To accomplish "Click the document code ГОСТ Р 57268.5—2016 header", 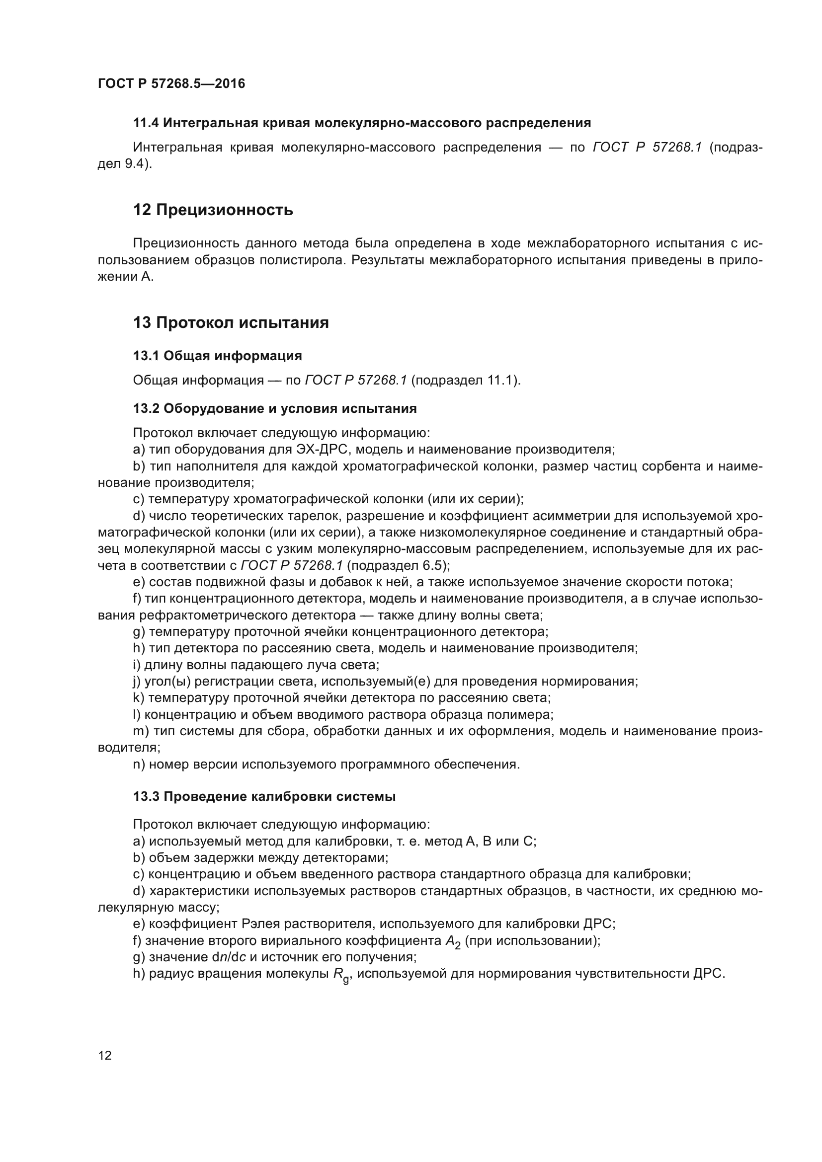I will click(x=171, y=83).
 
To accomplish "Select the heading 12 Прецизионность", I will click(x=213, y=210).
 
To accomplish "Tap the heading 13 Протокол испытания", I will click(x=231, y=322).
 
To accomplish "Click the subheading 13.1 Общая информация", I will click(x=217, y=356).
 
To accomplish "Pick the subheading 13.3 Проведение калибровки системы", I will click(x=264, y=796).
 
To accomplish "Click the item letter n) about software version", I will click(x=139, y=764).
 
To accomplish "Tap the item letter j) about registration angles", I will click(x=137, y=681).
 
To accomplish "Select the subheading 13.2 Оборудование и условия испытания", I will click(x=275, y=408).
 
